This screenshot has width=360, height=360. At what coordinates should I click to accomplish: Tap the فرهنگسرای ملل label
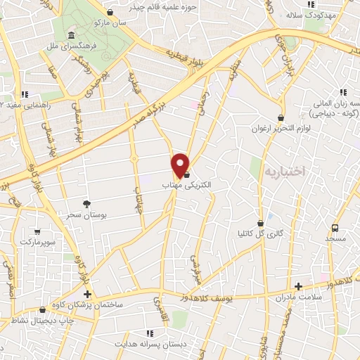pyautogui.click(x=96, y=44)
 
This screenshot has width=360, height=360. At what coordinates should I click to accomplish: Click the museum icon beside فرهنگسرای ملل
pyautogui.click(x=71, y=36)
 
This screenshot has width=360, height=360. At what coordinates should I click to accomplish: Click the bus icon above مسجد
pyautogui.click(x=335, y=228)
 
